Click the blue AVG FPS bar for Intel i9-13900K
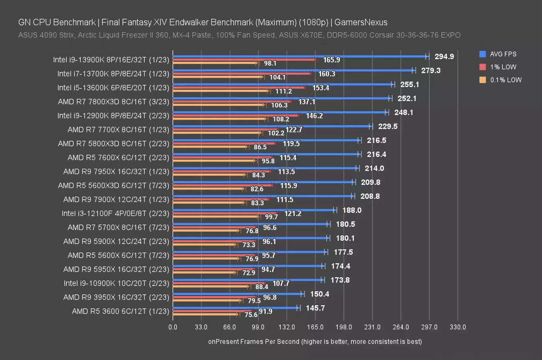pos(300,56)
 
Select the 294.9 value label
pos(444,56)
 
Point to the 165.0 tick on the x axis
pos(315,327)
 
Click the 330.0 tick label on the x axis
pos(458,327)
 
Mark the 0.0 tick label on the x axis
pos(173,327)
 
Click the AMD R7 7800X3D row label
pos(114,102)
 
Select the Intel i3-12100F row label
pos(115,213)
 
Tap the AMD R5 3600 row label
pos(120,311)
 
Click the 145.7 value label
pos(315,308)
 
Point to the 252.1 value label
pos(407,98)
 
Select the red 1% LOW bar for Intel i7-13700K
pos(242,74)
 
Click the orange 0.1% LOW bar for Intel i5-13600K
pos(221,91)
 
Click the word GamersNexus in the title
pos(361,22)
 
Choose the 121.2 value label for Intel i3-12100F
pos(293,214)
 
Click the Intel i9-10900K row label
pos(116,283)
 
